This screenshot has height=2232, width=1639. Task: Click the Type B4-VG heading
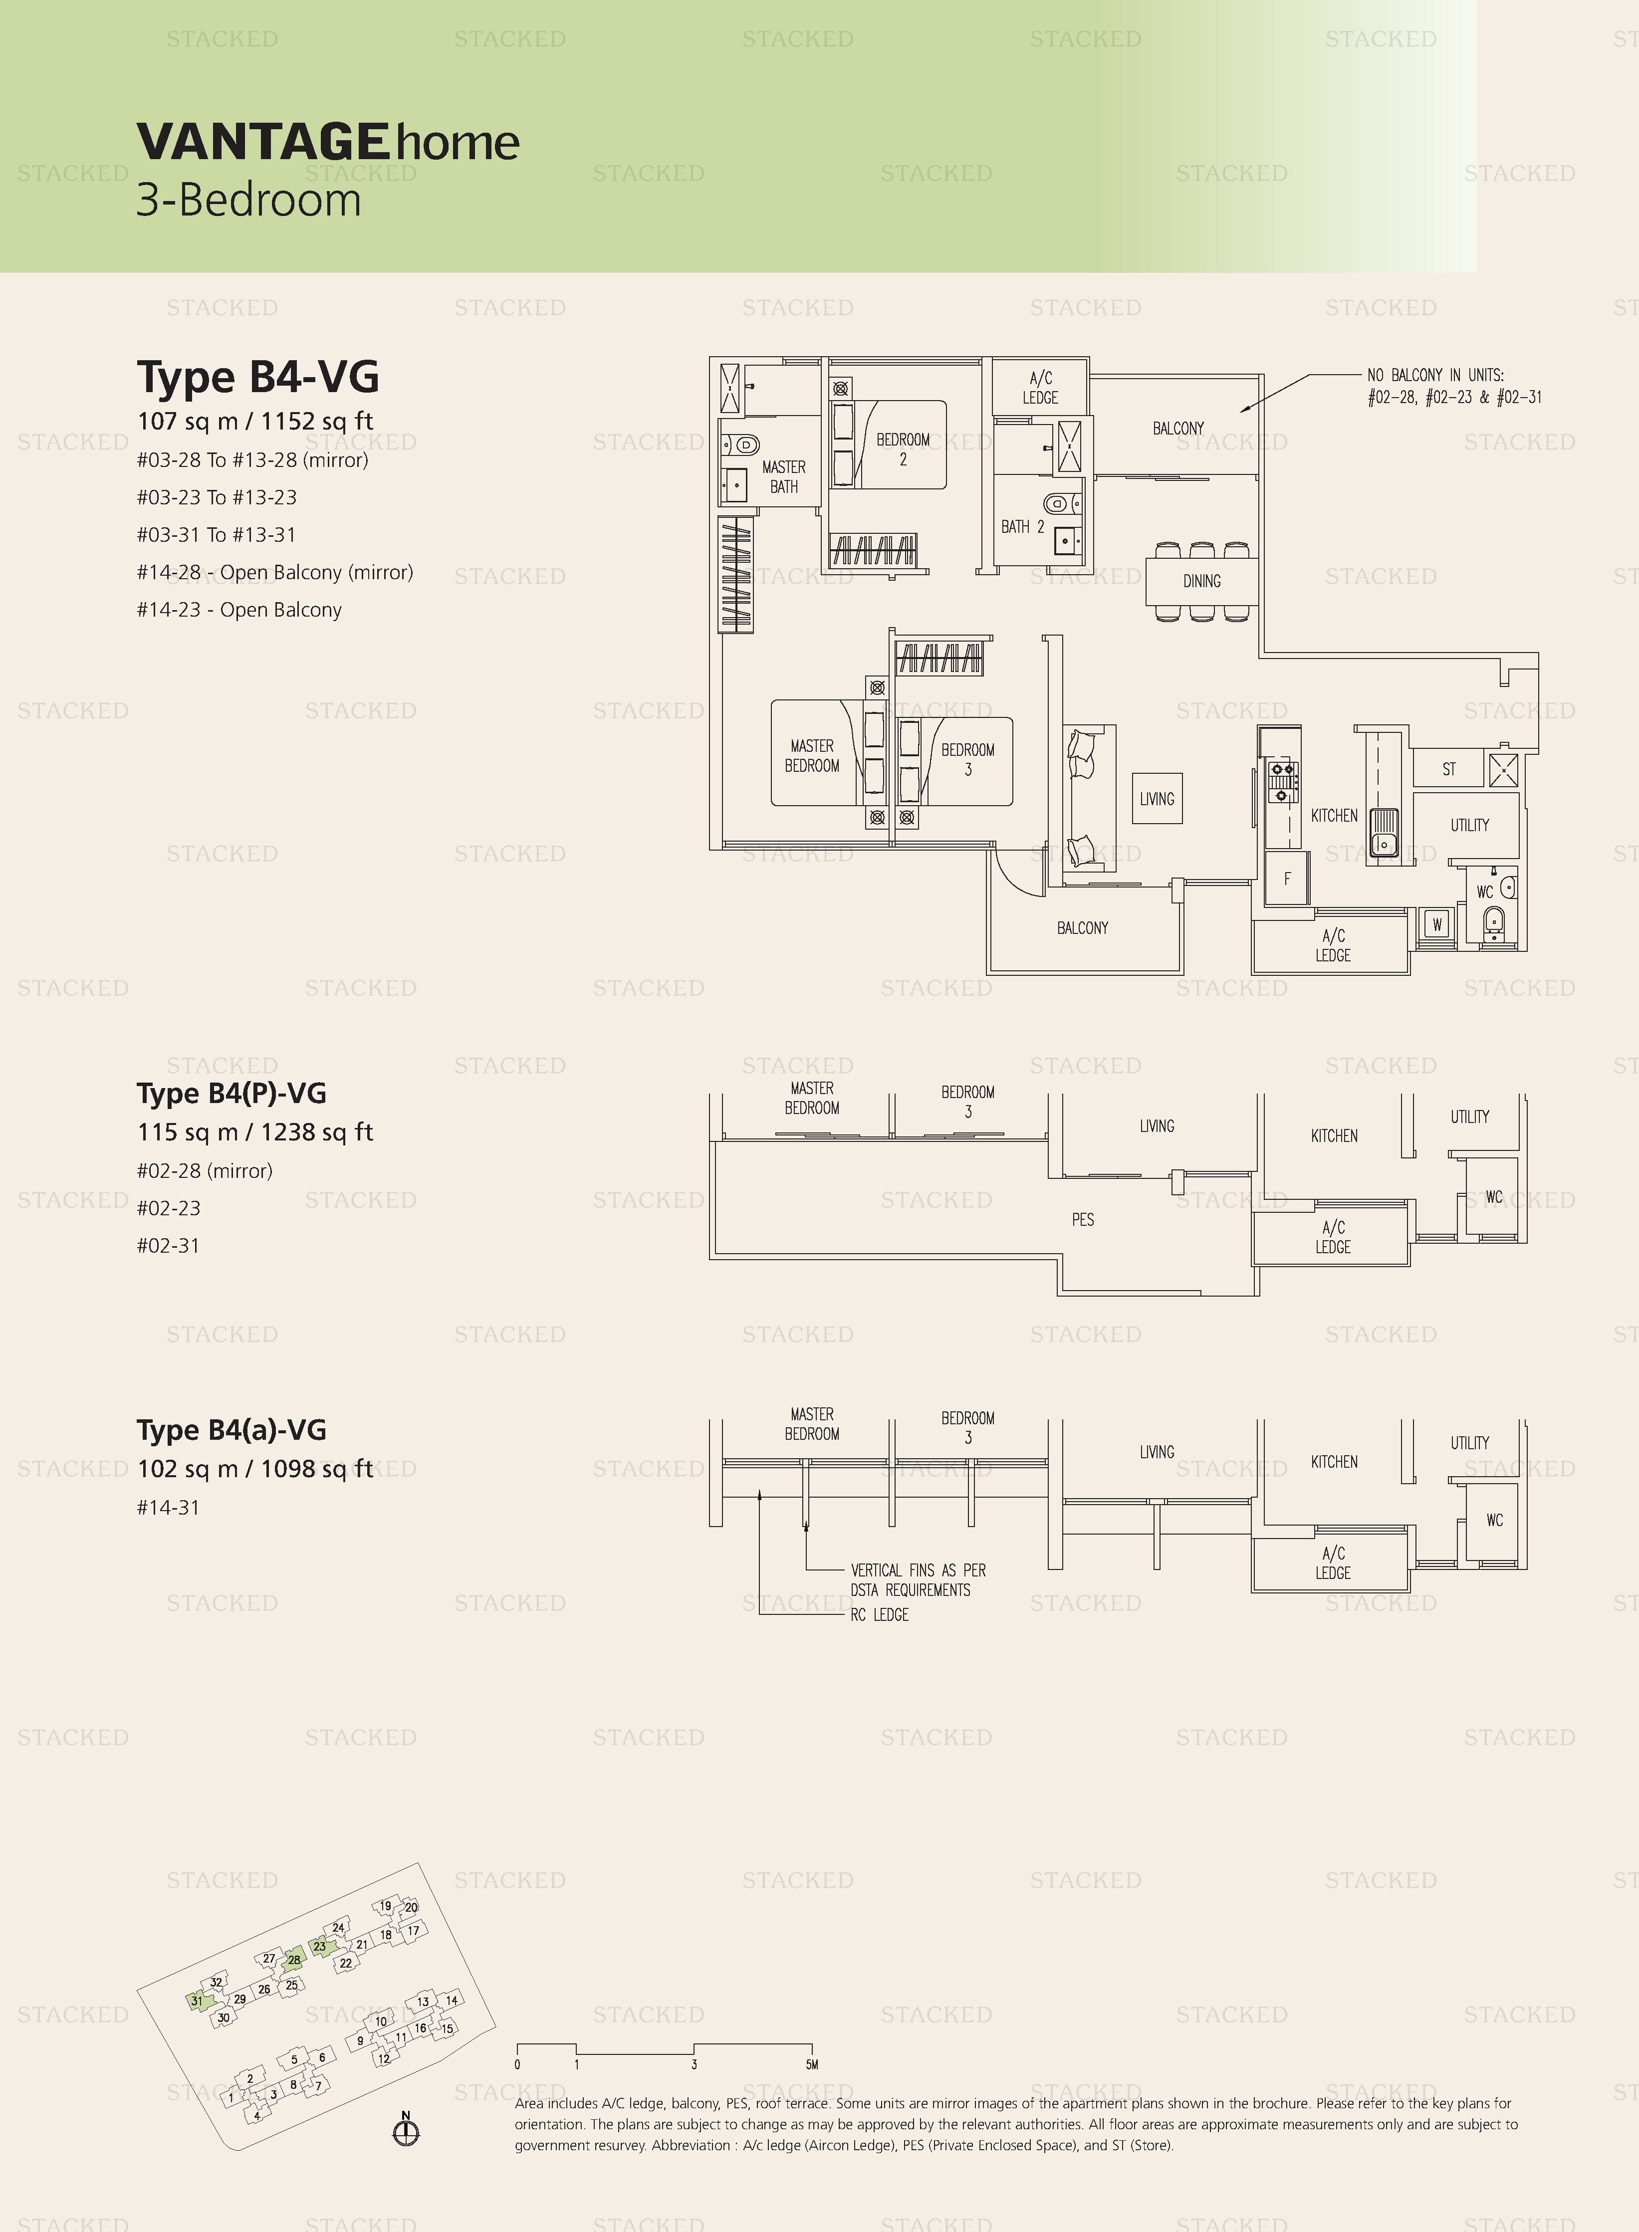258,377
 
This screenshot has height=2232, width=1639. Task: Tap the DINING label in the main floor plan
1201,581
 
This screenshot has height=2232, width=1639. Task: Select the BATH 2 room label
1022,527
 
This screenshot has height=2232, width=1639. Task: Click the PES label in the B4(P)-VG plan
1082,1219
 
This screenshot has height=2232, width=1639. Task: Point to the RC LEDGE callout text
879,1615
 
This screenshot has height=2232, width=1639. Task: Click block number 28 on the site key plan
294,1960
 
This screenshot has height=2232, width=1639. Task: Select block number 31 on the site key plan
197,2001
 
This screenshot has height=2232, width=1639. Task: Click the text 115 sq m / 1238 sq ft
255,1132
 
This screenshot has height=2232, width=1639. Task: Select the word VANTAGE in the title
262,142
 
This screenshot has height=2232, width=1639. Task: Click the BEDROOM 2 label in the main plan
903,449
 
